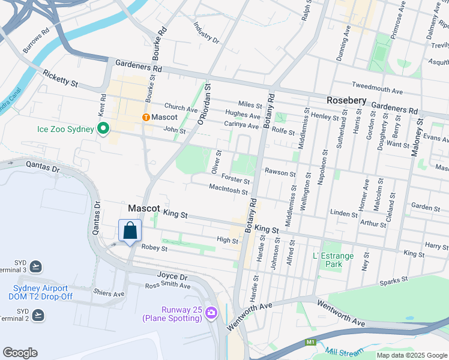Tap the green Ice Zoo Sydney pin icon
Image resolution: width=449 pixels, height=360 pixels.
click(x=103, y=128)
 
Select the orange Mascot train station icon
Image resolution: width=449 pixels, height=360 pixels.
click(x=145, y=117)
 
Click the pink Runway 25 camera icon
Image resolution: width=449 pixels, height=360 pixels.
click(x=211, y=313)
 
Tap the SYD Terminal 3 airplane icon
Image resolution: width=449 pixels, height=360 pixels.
click(x=36, y=266)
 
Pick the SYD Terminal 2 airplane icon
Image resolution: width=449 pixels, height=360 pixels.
click(x=38, y=314)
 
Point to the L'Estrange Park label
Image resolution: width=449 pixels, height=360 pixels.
click(x=333, y=260)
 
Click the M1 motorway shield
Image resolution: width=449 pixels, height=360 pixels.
click(x=310, y=342)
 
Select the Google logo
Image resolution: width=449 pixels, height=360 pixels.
click(x=20, y=353)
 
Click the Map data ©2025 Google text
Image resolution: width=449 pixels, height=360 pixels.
click(x=411, y=355)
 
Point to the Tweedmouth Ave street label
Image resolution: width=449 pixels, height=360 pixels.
click(x=377, y=88)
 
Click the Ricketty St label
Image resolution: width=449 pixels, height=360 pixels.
click(x=60, y=79)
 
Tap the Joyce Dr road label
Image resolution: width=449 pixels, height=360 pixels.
click(x=172, y=277)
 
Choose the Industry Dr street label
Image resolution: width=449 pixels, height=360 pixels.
click(x=207, y=34)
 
